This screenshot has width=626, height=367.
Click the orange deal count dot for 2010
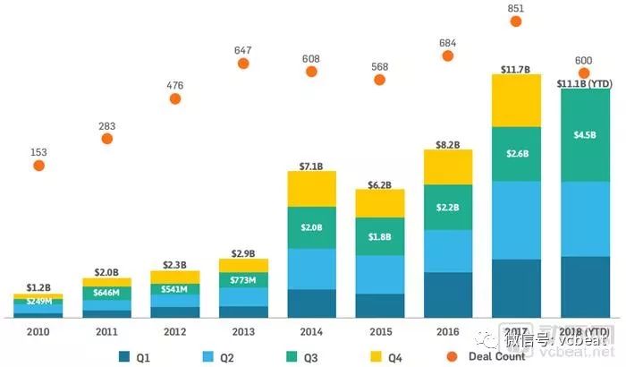pos(38,166)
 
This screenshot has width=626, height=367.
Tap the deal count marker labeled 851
pos(515,21)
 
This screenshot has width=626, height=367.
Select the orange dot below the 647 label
pos(242,64)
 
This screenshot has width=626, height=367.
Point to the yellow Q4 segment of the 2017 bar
pos(516,100)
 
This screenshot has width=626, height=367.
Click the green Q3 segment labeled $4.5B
pos(584,134)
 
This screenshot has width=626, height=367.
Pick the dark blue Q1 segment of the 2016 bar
pos(448,294)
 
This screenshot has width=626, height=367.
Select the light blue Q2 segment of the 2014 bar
pos(311,269)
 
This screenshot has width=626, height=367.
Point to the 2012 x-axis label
pos(175,332)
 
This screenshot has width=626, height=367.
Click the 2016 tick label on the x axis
pos(448,332)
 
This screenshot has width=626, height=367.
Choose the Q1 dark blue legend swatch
pos(125,357)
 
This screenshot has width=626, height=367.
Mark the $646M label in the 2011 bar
pos(106,293)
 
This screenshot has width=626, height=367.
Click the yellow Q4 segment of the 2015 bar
pos(379,203)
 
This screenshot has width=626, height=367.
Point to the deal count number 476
pos(174,86)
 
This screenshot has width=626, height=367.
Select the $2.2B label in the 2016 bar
pos(448,208)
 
